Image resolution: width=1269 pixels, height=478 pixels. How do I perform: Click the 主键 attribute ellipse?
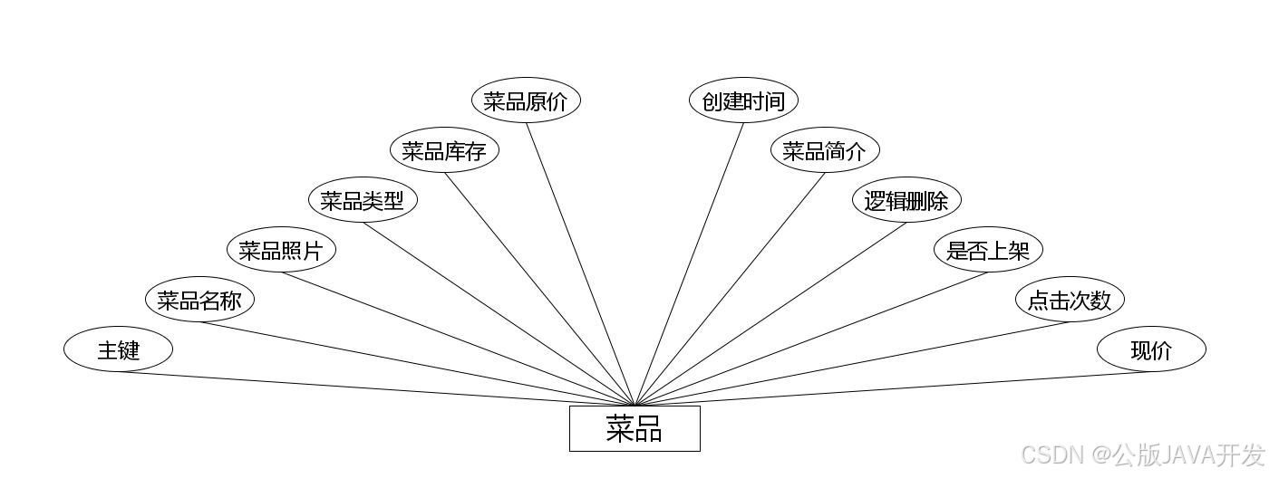[118, 349]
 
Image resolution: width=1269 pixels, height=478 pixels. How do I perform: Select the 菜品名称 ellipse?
[199, 300]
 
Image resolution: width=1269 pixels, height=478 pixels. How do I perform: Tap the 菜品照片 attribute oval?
[281, 250]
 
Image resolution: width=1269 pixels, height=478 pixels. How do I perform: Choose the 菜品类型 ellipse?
[363, 200]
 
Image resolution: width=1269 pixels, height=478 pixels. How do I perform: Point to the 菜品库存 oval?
[444, 150]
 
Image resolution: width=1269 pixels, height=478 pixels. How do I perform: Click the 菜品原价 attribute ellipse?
[526, 100]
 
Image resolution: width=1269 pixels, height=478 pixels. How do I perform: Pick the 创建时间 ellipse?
[743, 100]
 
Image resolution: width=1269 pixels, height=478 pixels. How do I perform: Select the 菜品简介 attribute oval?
[825, 150]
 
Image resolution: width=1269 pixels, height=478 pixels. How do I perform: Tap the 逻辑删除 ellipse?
[906, 200]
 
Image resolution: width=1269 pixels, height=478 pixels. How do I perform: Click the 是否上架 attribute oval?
[988, 250]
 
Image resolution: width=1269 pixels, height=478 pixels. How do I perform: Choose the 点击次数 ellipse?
[1070, 300]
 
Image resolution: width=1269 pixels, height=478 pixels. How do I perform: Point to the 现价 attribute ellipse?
[1151, 349]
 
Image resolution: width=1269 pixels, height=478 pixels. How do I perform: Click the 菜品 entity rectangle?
[634, 428]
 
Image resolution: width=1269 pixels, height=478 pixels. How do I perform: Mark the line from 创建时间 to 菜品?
[689, 264]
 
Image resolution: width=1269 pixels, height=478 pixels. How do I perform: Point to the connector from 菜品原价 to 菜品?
[580, 264]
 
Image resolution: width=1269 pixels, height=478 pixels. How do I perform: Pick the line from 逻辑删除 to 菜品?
[770, 314]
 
